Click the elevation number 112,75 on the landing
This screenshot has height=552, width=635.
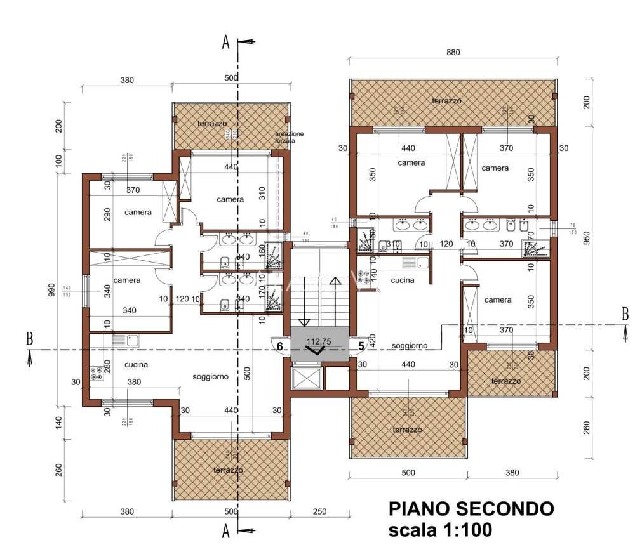point(320,341)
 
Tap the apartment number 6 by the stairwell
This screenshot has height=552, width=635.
point(279,346)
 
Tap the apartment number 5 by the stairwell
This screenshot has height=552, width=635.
point(361,346)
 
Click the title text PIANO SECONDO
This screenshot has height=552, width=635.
point(471,509)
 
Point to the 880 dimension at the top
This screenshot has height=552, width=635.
point(453,53)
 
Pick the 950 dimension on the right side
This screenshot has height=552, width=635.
point(586,237)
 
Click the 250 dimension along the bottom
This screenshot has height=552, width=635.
point(320,511)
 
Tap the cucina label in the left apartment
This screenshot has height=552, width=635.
point(136,364)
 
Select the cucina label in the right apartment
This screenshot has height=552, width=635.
point(403,280)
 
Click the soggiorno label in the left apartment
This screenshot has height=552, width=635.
point(210,376)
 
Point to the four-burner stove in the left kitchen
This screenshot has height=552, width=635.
point(97,374)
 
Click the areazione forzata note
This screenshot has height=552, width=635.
point(289,136)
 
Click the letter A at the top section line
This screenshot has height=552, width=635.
point(225,43)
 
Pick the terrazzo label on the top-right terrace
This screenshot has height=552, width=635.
point(446,101)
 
